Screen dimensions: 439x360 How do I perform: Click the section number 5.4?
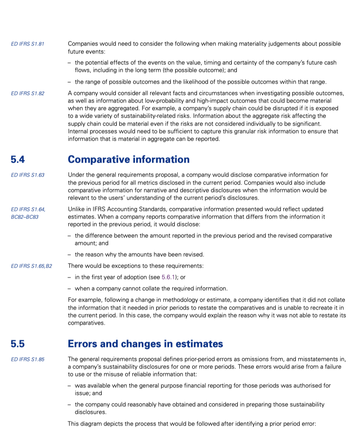[18, 159]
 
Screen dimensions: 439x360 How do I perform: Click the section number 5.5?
[18, 344]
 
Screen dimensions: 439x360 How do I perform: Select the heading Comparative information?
[129, 159]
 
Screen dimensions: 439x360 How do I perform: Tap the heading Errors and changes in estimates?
[145, 344]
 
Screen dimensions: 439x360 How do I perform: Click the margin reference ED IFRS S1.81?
[28, 44]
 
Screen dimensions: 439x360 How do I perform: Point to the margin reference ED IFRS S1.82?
[28, 93]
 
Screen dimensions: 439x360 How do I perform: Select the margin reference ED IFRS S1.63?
[28, 175]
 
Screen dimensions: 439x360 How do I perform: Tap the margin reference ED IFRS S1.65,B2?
[32, 266]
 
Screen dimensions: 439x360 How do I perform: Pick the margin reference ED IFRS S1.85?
[28, 359]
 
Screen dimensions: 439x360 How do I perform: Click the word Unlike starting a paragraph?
[76, 209]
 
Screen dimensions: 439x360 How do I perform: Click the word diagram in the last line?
[90, 424]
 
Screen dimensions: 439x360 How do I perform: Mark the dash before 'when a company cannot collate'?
[70, 289]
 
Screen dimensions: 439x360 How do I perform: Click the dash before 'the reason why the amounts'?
[70, 255]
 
